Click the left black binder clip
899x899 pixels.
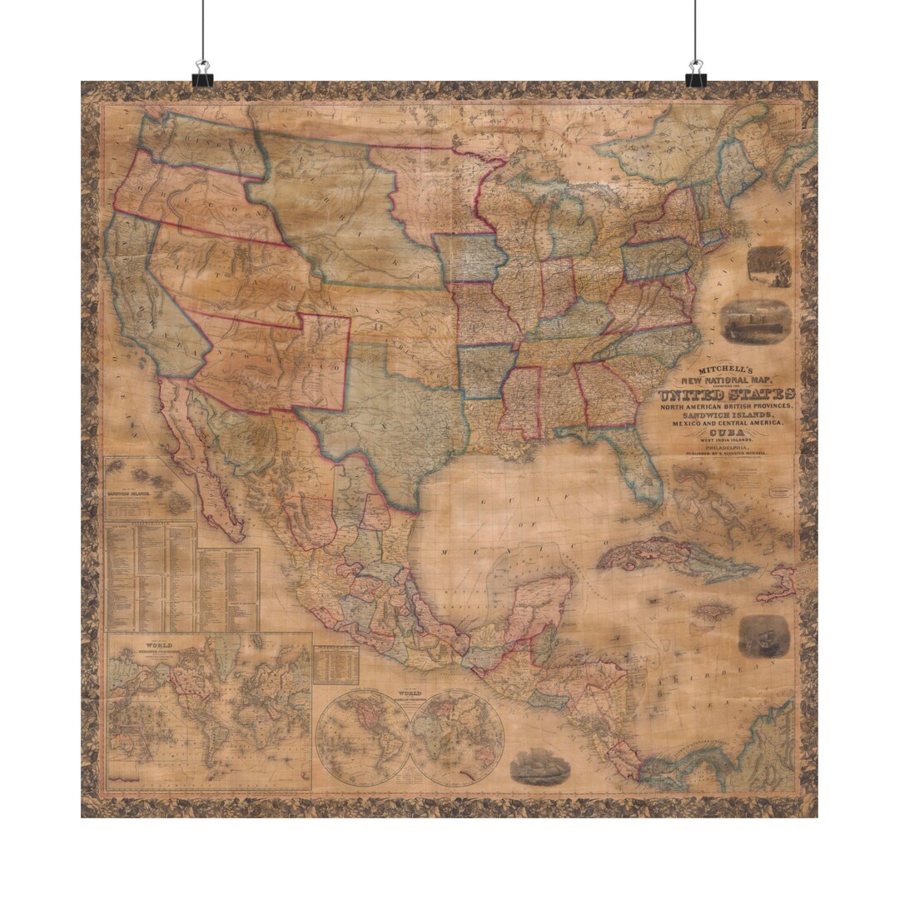pos(202,75)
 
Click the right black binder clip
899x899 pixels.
pos(695,75)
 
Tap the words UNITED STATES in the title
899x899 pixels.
pos(726,394)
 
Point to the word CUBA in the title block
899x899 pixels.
pos(727,433)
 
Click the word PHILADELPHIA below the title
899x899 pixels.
pos(727,446)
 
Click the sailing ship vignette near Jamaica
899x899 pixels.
pos(763,636)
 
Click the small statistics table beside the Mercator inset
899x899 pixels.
pos(336,665)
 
